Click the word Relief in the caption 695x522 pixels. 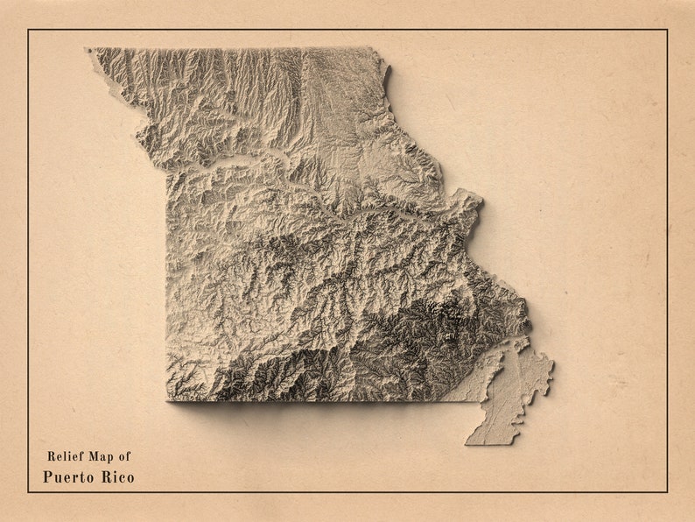click(63, 456)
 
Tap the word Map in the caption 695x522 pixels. click(100, 456)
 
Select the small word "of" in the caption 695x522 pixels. click(125, 456)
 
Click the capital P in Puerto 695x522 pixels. click(47, 477)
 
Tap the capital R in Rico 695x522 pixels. click(100, 477)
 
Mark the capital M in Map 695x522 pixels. click(90, 456)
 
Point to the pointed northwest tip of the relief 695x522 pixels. click(88, 50)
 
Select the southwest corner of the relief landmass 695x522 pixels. click(168, 399)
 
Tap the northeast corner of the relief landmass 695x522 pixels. click(381, 51)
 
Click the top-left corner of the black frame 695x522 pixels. click(29, 31)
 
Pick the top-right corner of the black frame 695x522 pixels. click(666, 31)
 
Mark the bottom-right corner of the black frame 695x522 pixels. click(666, 491)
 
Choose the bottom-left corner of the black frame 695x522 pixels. click(29, 491)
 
